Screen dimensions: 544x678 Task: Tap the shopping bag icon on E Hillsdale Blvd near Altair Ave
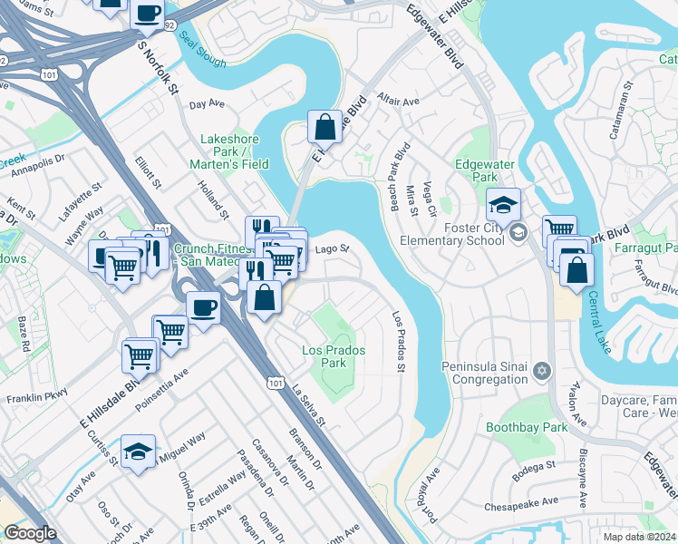(324, 126)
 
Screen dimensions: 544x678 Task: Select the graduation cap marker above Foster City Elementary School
(504, 204)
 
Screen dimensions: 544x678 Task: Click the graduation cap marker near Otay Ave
(138, 451)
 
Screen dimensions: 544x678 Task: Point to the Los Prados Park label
(324, 356)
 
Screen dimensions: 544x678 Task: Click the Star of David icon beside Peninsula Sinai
(542, 370)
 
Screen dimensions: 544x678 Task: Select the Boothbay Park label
(513, 426)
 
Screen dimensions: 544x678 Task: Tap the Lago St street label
(332, 249)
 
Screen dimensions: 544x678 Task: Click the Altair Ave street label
(399, 102)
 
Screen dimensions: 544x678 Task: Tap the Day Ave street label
(206, 104)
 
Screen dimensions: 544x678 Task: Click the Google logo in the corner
(30, 533)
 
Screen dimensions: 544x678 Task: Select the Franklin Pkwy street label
(37, 397)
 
